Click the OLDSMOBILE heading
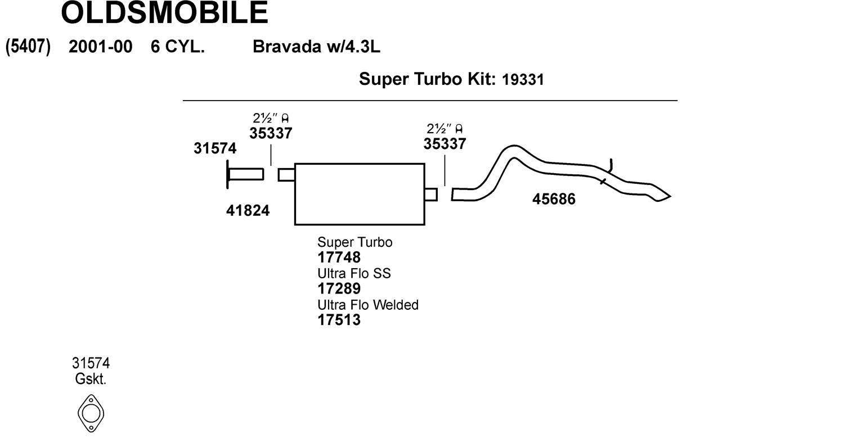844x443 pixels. click(x=164, y=13)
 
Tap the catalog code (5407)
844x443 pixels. click(x=28, y=47)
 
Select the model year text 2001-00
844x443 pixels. click(x=100, y=47)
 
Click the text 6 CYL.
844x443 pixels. click(x=177, y=47)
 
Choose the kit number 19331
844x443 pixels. click(x=523, y=80)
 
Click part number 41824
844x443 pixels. click(x=248, y=211)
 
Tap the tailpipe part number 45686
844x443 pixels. click(x=554, y=200)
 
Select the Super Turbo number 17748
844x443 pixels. click(x=339, y=257)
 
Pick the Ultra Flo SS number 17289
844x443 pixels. click(x=339, y=289)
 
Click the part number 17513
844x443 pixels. click(x=339, y=320)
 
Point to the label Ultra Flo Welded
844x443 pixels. click(x=368, y=305)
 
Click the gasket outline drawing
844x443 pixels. click(x=91, y=413)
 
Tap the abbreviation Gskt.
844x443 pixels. click(x=91, y=379)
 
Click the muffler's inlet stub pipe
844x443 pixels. click(x=286, y=175)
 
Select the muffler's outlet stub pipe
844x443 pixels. click(x=430, y=195)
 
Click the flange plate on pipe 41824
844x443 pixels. click(x=228, y=174)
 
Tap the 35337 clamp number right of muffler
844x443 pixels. click(x=445, y=144)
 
